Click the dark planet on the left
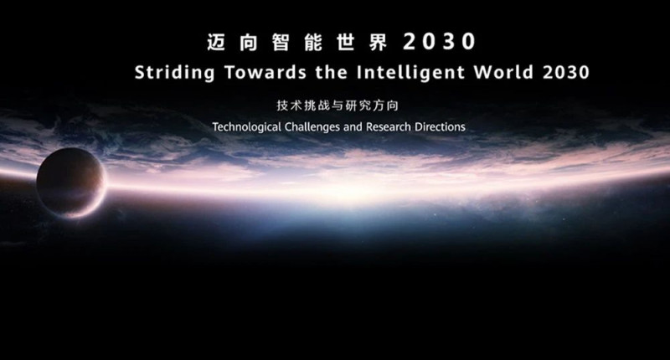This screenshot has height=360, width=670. pyautogui.click(x=70, y=182)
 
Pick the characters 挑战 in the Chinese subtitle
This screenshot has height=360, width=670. pyautogui.click(x=311, y=106)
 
